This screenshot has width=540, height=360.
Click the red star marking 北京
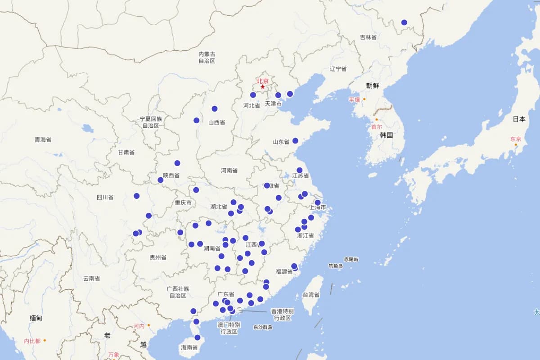[x=263, y=87]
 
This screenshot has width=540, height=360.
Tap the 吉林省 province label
[x=368, y=37]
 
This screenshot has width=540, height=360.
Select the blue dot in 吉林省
[x=404, y=22]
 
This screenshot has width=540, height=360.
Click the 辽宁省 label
[x=338, y=69]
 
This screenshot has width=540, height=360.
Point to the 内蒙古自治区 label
[x=207, y=57]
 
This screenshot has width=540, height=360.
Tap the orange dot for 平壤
[x=364, y=99]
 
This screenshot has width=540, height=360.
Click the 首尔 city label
[x=376, y=127]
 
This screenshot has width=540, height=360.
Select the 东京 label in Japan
[x=515, y=139]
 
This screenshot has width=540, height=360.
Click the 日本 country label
[x=519, y=119]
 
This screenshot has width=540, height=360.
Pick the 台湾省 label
[x=310, y=295]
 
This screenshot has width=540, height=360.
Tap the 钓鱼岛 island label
[x=336, y=266]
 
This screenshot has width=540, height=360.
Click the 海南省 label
[x=189, y=347]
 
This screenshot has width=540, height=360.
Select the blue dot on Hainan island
[x=197, y=337]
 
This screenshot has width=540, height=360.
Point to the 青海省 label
[x=43, y=139]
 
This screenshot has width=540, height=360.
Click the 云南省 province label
[x=91, y=279]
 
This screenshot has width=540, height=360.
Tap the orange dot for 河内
[x=148, y=325]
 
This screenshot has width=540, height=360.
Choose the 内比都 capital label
[x=32, y=341]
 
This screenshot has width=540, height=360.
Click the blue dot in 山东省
[x=295, y=141]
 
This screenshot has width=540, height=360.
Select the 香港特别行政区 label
[x=282, y=315]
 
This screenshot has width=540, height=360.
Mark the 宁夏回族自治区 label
[x=151, y=122]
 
